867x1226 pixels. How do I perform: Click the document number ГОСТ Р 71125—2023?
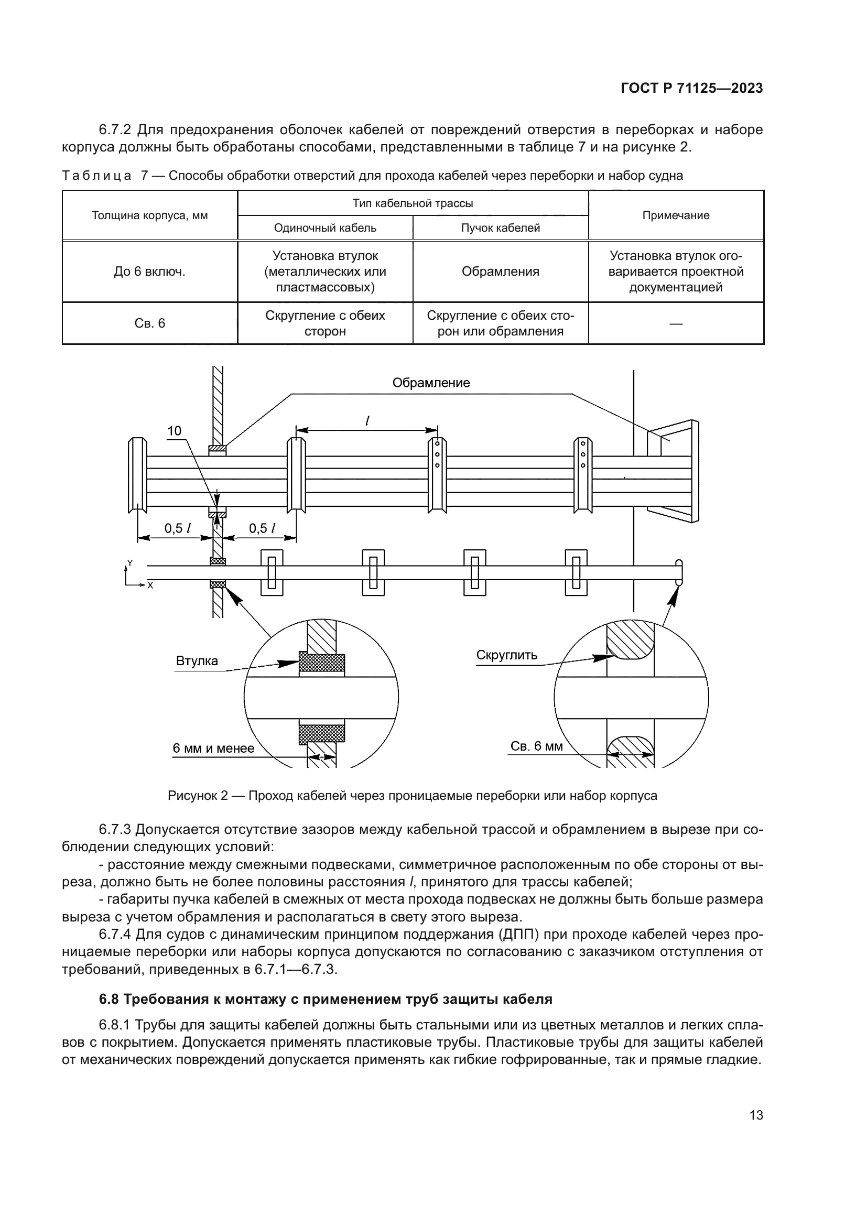tap(691, 89)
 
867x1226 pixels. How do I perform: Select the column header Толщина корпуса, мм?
tap(149, 216)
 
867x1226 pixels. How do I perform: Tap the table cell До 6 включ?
tap(149, 272)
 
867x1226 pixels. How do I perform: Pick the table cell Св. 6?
tap(149, 323)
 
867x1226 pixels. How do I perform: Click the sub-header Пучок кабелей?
tap(500, 228)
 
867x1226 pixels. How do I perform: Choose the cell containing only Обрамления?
tap(500, 272)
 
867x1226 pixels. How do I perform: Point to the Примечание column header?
tap(675, 216)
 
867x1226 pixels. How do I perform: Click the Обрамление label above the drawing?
tap(431, 383)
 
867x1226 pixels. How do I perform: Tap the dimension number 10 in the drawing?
tap(175, 431)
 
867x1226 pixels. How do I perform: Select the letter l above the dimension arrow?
tap(367, 421)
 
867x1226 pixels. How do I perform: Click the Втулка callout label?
tap(197, 661)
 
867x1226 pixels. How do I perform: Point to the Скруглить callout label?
tap(507, 655)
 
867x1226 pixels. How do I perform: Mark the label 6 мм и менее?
tap(213, 748)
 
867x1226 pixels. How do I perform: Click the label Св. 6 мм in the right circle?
tap(536, 746)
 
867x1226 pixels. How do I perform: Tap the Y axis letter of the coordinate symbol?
tap(129, 563)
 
